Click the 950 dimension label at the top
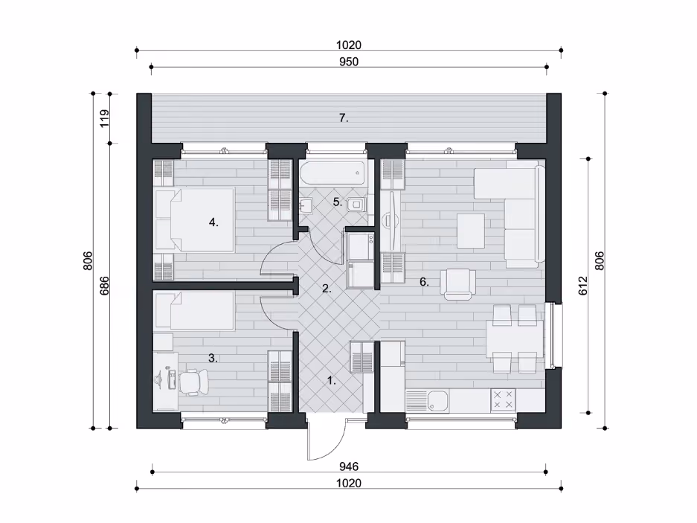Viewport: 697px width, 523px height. pyautogui.click(x=349, y=62)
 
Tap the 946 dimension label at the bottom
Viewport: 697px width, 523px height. pyautogui.click(x=349, y=466)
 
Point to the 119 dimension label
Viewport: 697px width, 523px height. pyautogui.click(x=104, y=119)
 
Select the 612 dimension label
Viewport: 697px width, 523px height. pyautogui.click(x=583, y=285)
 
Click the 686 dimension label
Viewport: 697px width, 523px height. pyautogui.click(x=104, y=286)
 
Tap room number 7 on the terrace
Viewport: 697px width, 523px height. pyautogui.click(x=344, y=118)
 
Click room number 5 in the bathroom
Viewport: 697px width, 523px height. pyautogui.click(x=338, y=202)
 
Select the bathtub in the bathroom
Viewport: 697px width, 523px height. pyautogui.click(x=333, y=173)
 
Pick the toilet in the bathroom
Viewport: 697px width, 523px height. pyautogui.click(x=356, y=204)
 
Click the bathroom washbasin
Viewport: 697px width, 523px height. pyautogui.click(x=306, y=206)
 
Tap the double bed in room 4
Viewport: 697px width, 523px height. pyautogui.click(x=194, y=220)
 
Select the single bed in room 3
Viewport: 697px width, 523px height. pyautogui.click(x=194, y=311)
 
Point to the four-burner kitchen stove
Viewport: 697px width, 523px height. pyautogui.click(x=503, y=400)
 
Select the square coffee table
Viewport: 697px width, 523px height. pyautogui.click(x=471, y=231)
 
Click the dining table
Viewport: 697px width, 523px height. pyautogui.click(x=515, y=339)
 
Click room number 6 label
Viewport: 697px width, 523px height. pyautogui.click(x=424, y=281)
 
